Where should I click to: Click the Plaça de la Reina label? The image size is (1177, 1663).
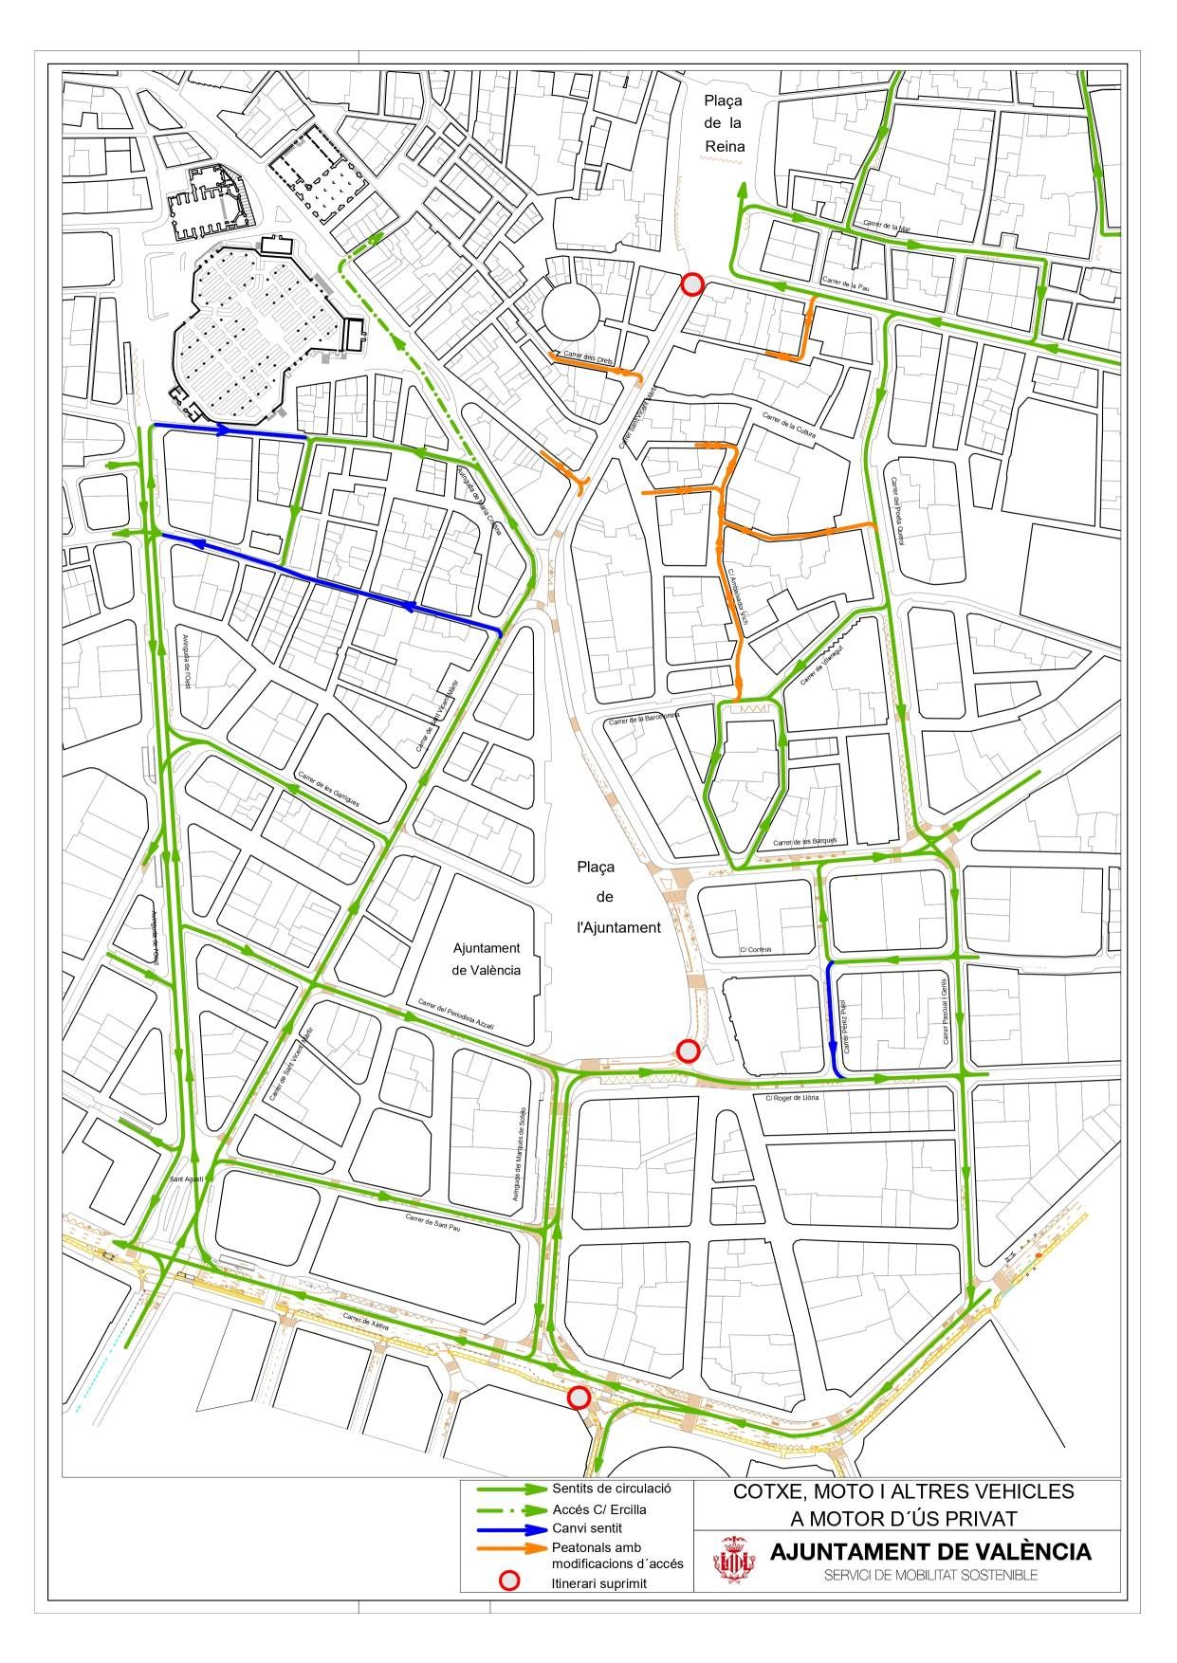[x=724, y=123]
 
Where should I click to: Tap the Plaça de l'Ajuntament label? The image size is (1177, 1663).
[x=618, y=897]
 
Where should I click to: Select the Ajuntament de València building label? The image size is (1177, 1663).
[x=486, y=959]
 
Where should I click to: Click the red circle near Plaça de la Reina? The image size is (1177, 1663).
[x=693, y=283]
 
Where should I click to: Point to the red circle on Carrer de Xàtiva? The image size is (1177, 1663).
[x=579, y=1398]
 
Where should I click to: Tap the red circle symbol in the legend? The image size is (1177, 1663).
[x=510, y=1581]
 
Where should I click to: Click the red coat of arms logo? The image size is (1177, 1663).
[x=734, y=1561]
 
